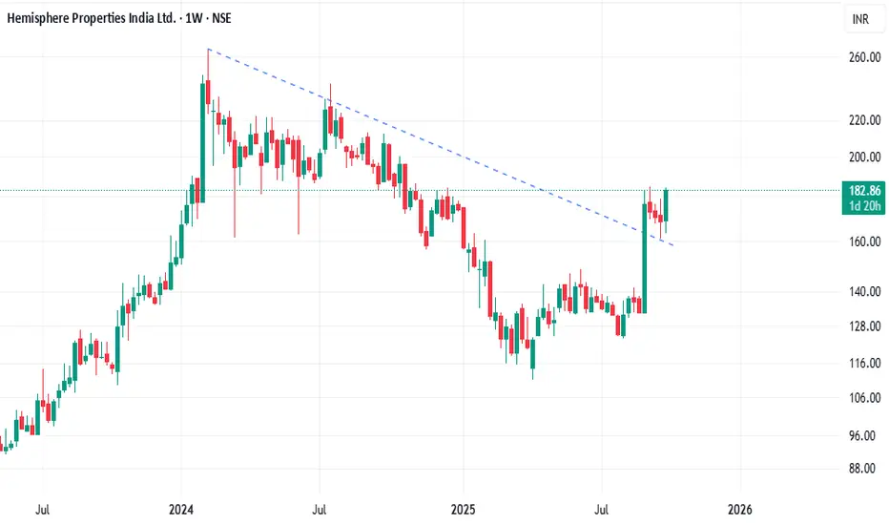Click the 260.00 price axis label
click(x=863, y=58)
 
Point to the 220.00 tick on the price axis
click(x=863, y=120)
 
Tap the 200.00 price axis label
click(x=863, y=157)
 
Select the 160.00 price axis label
click(x=863, y=242)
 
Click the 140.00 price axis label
click(x=863, y=292)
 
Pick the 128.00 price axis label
click(x=863, y=326)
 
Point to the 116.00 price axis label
click(x=863, y=364)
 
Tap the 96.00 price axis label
click(x=863, y=436)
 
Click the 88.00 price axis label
click(x=863, y=469)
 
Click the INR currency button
click(x=859, y=19)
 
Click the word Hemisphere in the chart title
click(x=47, y=19)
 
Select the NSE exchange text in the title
click(x=248, y=19)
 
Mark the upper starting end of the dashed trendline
click(x=208, y=49)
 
